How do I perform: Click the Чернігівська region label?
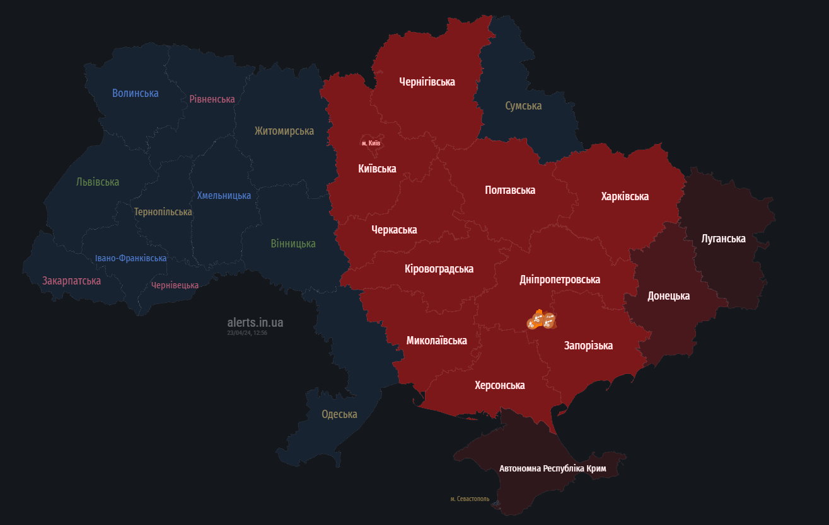coord(427,82)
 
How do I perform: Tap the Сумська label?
coord(523,106)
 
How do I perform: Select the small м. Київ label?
coord(371,144)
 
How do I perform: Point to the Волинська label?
coord(136,93)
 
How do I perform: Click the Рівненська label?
coord(212,99)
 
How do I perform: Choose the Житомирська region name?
coord(284,131)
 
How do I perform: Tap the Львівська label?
coord(98,182)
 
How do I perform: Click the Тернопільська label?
coord(163,212)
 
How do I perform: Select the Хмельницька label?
coord(224,196)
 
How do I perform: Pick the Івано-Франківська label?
coord(131,259)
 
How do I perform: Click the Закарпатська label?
coord(72,281)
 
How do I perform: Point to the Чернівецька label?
coord(175,285)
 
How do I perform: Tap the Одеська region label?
coord(339,414)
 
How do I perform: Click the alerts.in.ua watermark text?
coord(255,322)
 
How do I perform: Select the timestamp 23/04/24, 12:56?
coord(247,333)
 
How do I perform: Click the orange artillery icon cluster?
coord(541,320)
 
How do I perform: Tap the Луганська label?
coord(723,239)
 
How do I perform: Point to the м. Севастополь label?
coord(470,499)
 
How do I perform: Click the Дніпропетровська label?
coord(560,279)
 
